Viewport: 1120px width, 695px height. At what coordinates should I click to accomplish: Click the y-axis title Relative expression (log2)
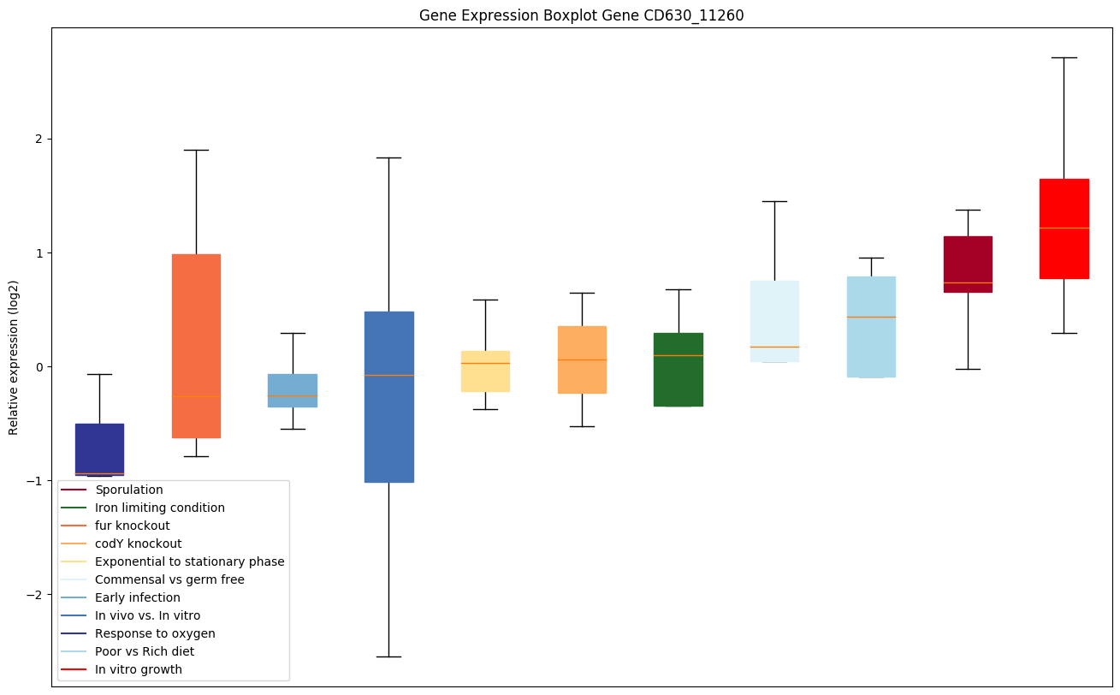[x=14, y=357]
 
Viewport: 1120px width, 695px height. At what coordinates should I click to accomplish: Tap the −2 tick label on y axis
[x=35, y=595]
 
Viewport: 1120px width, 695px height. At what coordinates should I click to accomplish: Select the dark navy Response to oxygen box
[x=99, y=447]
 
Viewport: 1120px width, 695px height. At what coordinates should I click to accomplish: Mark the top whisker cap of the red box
[x=1064, y=57]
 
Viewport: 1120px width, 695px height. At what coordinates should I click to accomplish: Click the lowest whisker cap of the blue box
[x=389, y=656]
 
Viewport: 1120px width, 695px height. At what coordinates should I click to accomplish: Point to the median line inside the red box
[x=1064, y=228]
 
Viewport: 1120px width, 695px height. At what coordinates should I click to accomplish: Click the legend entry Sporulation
[x=129, y=490]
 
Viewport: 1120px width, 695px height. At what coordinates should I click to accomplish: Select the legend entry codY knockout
[x=139, y=544]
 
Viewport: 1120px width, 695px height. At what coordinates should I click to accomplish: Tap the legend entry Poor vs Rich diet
[x=145, y=651]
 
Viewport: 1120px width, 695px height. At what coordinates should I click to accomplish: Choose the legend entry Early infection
[x=138, y=597]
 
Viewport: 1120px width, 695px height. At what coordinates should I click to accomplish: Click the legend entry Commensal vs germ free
[x=169, y=579]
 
